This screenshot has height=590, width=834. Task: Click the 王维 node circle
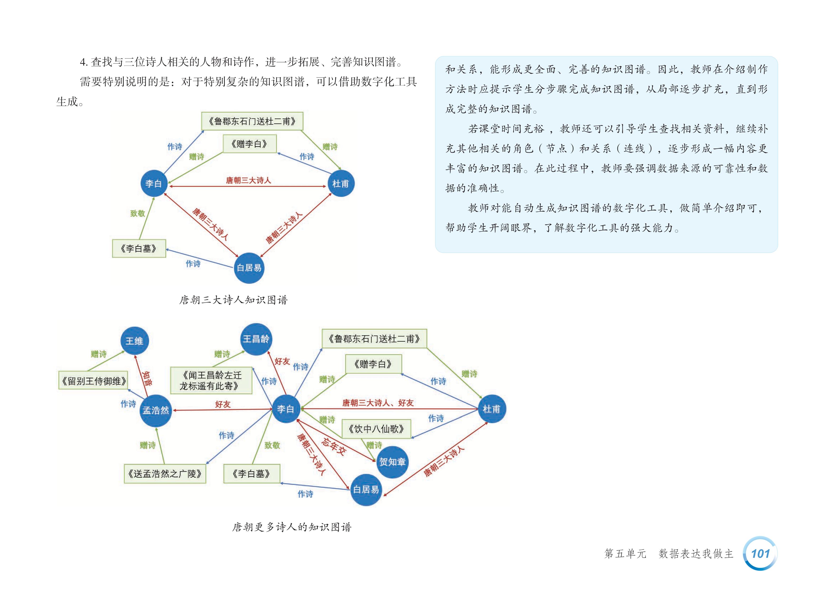134,341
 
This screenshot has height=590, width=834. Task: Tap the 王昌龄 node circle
256,339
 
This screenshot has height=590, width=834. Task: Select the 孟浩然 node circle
156,411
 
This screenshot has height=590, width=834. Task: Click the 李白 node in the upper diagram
154,183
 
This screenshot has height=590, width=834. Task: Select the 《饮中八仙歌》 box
376,429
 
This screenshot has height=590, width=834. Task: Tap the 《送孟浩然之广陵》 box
165,474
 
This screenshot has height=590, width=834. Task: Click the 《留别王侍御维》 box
93,381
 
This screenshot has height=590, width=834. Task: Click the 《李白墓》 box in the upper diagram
139,249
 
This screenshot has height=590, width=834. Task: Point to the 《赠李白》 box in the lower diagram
373,364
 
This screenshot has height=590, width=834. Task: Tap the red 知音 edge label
147,378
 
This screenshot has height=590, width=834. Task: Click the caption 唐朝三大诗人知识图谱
233,300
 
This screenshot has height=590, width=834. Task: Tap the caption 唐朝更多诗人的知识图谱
292,527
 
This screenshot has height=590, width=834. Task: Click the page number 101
760,553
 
